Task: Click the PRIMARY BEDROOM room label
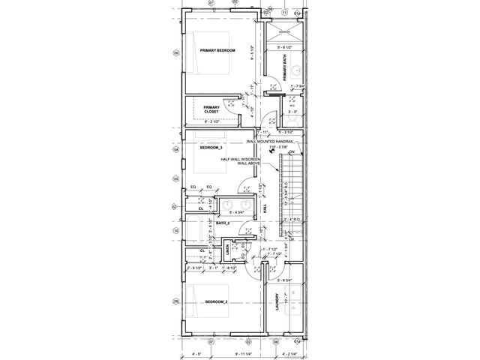tap(217, 49)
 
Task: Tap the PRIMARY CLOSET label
tap(211, 109)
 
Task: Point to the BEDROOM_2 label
tap(216, 301)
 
